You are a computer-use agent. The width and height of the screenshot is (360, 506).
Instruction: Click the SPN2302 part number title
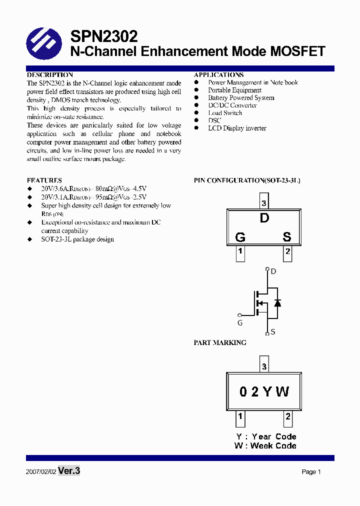[103, 36]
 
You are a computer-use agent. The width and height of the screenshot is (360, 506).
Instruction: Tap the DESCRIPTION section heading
[50, 75]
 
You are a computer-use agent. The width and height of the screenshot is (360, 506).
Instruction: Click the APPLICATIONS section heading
[218, 75]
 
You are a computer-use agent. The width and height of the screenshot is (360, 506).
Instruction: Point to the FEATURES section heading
[44, 180]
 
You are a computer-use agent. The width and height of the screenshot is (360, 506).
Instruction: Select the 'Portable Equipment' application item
[234, 90]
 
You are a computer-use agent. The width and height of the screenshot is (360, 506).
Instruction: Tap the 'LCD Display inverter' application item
[237, 128]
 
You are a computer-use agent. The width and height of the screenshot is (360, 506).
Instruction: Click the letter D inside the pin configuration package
[264, 218]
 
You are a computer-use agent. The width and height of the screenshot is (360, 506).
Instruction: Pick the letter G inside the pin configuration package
[240, 237]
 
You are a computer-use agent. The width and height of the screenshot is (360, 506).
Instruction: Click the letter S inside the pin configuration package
[287, 237]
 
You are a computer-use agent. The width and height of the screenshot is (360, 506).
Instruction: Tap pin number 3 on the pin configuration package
[264, 203]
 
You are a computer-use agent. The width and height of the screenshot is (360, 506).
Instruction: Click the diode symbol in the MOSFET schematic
[277, 302]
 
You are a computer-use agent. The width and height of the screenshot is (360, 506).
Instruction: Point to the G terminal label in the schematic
[240, 323]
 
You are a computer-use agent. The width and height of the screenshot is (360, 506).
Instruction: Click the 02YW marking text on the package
[264, 391]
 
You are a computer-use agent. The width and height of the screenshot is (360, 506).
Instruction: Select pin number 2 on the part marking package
[288, 416]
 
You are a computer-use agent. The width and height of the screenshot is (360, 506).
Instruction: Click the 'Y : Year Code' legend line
[266, 436]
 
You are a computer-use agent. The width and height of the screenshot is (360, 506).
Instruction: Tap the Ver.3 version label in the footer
[69, 471]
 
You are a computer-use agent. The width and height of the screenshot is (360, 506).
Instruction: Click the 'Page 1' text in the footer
[311, 472]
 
